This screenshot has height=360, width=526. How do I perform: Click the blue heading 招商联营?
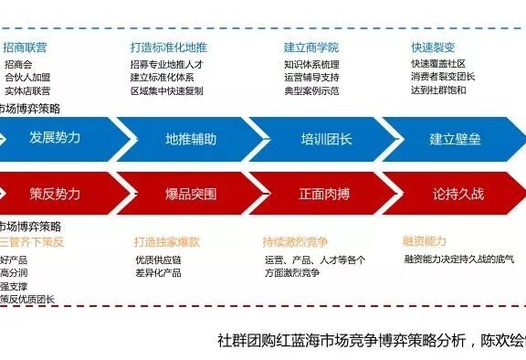pyautogui.click(x=26, y=46)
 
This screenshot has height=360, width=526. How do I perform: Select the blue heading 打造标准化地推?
pyautogui.click(x=169, y=46)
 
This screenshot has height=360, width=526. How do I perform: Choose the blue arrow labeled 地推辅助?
pyautogui.click(x=191, y=139)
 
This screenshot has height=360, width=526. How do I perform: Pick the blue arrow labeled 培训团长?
pyautogui.click(x=326, y=139)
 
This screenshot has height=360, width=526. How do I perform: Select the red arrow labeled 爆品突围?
pyautogui.click(x=191, y=194)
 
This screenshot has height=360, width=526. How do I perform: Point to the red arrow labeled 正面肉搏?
pyautogui.click(x=326, y=194)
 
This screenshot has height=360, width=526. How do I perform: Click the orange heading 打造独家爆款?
pyautogui.click(x=166, y=242)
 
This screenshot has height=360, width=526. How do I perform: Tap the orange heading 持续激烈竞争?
pyautogui.click(x=296, y=242)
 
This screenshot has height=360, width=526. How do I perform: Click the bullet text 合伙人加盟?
pyautogui.click(x=27, y=78)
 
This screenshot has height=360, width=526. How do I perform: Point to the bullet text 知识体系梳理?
pyautogui.click(x=312, y=65)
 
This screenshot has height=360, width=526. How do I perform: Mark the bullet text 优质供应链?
pyautogui.click(x=159, y=260)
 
